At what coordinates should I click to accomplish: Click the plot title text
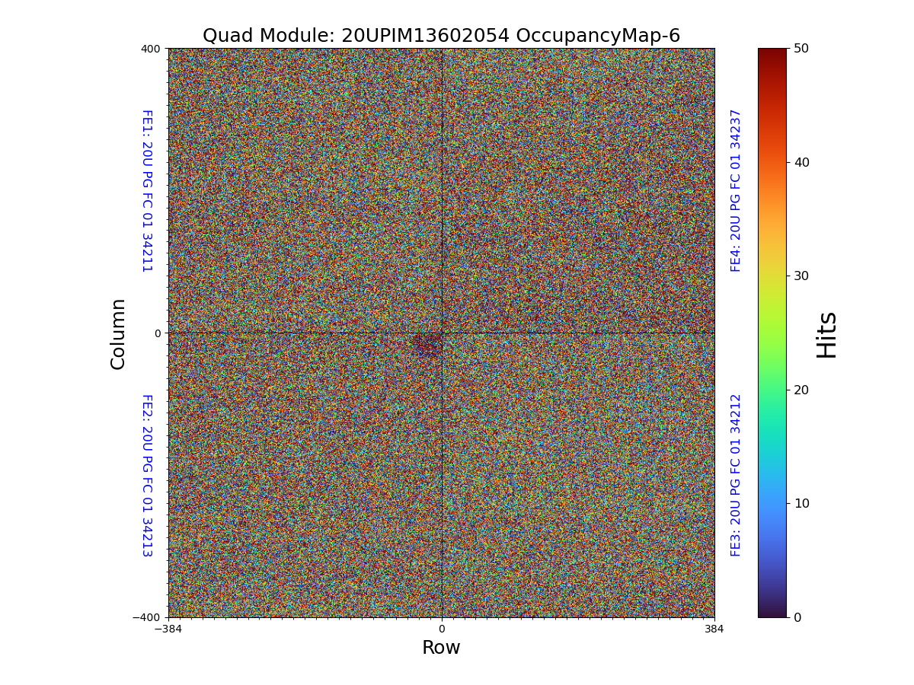click(x=441, y=36)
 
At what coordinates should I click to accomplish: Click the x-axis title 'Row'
click(x=441, y=648)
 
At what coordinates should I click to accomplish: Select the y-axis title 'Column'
click(x=118, y=333)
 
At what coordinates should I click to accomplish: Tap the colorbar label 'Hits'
click(x=826, y=334)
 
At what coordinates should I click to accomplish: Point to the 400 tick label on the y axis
click(x=151, y=49)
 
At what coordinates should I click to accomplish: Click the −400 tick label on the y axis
click(x=147, y=617)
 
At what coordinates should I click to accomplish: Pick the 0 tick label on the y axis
click(x=158, y=333)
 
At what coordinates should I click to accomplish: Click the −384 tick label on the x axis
click(x=168, y=629)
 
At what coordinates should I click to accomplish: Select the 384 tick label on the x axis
click(x=714, y=629)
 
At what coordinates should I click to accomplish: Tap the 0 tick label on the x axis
click(x=441, y=629)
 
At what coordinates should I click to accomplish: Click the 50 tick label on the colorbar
click(x=801, y=48)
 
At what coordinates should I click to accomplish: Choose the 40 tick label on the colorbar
click(x=801, y=162)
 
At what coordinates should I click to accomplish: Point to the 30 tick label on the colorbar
click(x=801, y=276)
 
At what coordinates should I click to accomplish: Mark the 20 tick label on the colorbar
click(x=801, y=390)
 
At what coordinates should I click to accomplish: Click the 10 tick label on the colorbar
click(x=801, y=503)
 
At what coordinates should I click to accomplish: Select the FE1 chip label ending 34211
click(x=146, y=190)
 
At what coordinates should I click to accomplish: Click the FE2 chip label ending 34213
click(x=146, y=475)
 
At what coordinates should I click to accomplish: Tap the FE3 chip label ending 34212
click(x=736, y=475)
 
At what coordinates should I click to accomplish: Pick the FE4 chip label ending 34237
click(x=736, y=190)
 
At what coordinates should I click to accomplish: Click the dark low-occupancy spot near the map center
click(x=427, y=345)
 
